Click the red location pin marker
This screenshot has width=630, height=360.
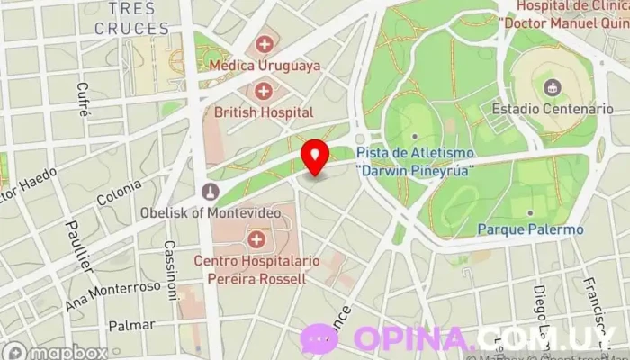314,157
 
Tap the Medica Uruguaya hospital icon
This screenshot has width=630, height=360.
265,42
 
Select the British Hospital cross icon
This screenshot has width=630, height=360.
264,90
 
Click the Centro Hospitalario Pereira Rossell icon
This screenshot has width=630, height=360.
257,239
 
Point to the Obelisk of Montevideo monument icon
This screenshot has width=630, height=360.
210,191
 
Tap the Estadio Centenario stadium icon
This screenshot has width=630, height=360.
552,86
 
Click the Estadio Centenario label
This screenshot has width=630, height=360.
553,109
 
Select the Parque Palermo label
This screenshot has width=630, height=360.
530,229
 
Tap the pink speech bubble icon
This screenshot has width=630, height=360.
319,339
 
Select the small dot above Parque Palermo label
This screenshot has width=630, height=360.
530,213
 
